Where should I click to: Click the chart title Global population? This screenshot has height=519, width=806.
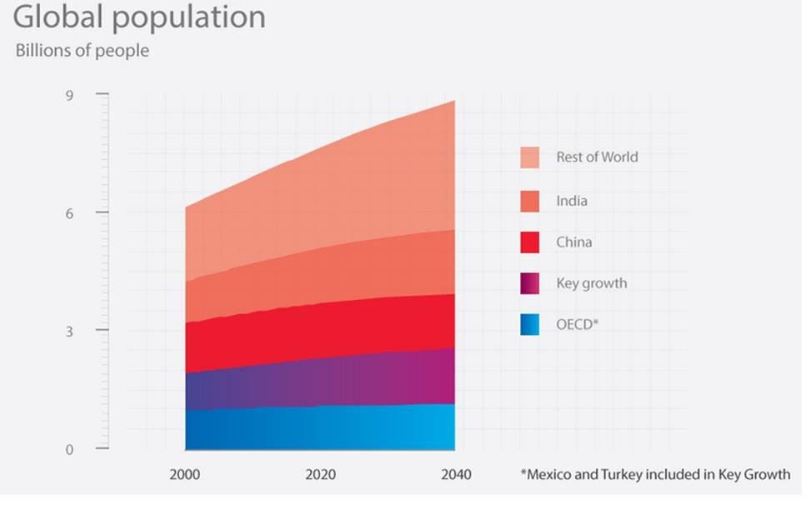point(139,17)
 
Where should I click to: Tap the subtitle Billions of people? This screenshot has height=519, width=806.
point(83,51)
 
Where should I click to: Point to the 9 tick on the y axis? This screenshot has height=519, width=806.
point(70,96)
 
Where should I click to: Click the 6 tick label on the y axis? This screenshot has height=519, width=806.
point(70,213)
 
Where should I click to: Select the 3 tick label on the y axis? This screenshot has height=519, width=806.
point(70,331)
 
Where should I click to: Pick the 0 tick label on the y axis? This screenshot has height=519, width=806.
point(70,450)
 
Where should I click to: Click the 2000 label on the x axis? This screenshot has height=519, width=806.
point(185,475)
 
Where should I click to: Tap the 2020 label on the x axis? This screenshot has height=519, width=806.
point(320,475)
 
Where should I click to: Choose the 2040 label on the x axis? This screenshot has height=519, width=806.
point(455,475)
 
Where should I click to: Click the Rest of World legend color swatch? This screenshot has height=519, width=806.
point(529,157)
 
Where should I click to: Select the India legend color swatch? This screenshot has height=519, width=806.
point(529,201)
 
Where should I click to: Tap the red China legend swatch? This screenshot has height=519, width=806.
point(529,242)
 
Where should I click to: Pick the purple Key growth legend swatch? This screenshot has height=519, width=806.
point(529,283)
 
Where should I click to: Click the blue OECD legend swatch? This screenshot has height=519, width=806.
point(529,324)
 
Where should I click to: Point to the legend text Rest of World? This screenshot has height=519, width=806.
point(597,157)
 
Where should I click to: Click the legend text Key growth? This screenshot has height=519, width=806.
point(592,283)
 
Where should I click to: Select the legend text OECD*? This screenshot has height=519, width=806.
point(578,324)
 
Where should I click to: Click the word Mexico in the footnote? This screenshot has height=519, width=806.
point(551,475)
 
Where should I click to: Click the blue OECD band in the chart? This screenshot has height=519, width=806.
point(320,428)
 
